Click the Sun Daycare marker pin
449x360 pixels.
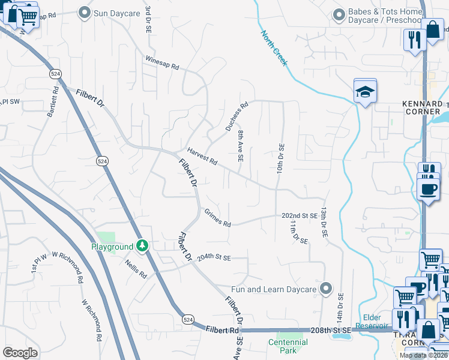[x=85, y=11]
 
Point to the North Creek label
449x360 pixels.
[x=274, y=49]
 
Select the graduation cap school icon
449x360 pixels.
[x=364, y=92]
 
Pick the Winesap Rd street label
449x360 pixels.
[x=162, y=64]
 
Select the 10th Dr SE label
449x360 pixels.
[x=280, y=158]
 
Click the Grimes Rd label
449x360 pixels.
[x=217, y=217]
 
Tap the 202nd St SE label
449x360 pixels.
[x=299, y=215]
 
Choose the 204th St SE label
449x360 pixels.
[x=214, y=257]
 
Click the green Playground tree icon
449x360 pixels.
[x=142, y=245]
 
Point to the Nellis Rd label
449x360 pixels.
[x=136, y=268]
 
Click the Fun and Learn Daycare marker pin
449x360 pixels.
[x=326, y=289]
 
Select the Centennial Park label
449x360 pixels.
[x=288, y=346]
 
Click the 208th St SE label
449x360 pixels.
[x=330, y=331]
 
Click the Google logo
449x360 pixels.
[x=20, y=353]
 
